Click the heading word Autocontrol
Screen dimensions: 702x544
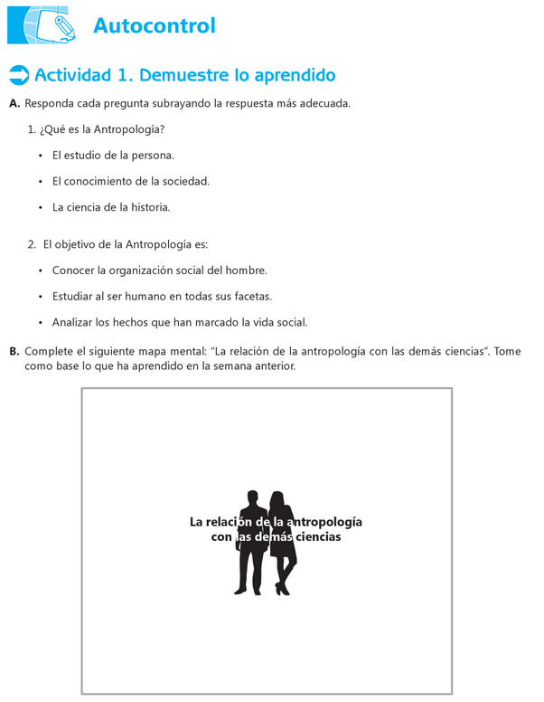pos(155,25)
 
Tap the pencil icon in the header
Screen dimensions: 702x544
pos(63,24)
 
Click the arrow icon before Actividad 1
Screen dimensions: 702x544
pos(17,74)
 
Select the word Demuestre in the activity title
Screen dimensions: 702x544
pos(184,74)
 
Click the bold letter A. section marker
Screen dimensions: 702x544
pos(14,104)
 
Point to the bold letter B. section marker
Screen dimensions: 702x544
pos(14,351)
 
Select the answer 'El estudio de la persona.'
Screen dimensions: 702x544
pos(113,156)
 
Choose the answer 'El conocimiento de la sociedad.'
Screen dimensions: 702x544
pos(130,181)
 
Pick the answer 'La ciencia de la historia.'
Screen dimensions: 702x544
pos(111,207)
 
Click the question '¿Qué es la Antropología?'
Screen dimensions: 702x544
pos(102,130)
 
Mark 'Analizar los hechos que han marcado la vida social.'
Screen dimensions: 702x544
pos(180,321)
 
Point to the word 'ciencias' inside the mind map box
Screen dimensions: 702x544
pos(317,537)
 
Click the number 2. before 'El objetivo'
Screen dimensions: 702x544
pos(33,244)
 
